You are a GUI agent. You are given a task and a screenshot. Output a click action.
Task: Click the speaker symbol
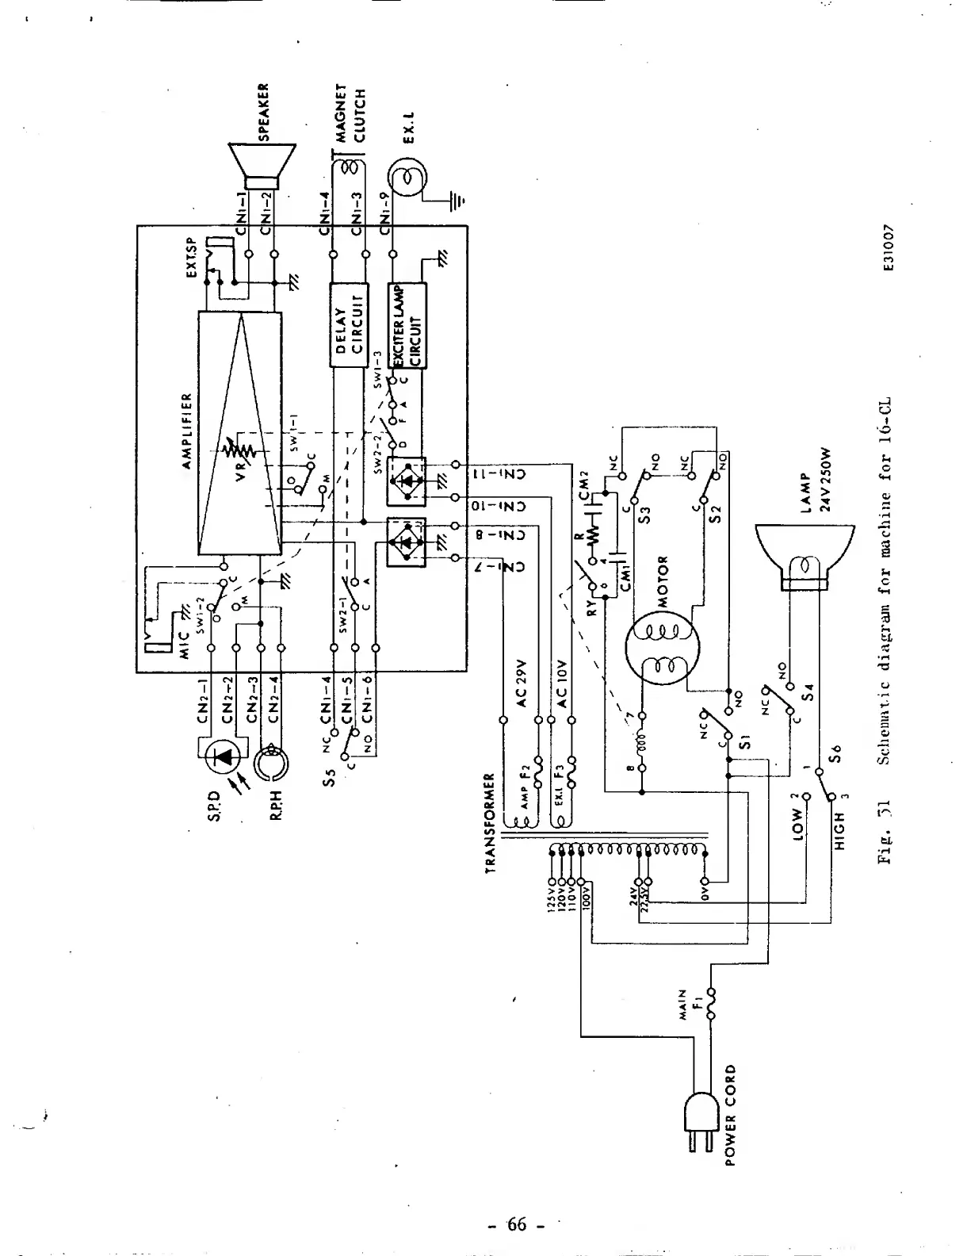tap(262, 167)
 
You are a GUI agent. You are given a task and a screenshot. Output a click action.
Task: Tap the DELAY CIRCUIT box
tap(349, 324)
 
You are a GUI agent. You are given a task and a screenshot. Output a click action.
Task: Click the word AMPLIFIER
tap(187, 431)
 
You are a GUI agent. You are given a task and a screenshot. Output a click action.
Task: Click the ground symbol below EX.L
tap(455, 201)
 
